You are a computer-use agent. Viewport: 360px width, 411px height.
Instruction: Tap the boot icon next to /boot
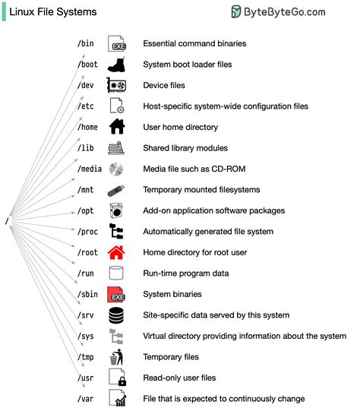click(116, 65)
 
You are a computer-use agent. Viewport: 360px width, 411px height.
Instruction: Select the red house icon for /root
click(116, 252)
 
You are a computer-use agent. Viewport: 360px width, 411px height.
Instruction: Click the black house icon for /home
click(116, 127)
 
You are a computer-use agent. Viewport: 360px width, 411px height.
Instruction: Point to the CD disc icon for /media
click(116, 169)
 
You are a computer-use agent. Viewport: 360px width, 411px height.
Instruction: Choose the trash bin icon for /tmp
click(116, 356)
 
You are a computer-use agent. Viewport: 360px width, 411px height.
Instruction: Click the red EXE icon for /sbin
click(116, 294)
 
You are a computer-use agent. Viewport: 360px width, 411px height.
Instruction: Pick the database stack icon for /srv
click(116, 315)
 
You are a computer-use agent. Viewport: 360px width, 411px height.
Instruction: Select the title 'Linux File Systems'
click(53, 12)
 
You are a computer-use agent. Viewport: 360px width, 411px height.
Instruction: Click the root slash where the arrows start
click(7, 221)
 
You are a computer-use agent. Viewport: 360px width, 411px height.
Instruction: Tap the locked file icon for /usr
click(116, 378)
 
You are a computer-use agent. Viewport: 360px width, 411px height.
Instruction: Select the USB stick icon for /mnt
click(116, 190)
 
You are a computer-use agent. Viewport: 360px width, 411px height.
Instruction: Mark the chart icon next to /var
click(116, 398)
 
